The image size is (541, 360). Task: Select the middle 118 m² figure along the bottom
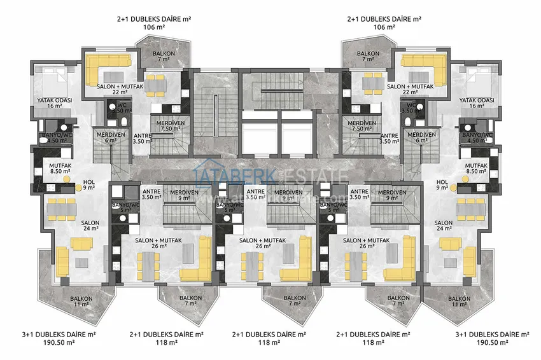pyautogui.click(x=269, y=342)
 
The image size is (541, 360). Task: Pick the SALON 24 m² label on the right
pyautogui.click(x=444, y=226)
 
